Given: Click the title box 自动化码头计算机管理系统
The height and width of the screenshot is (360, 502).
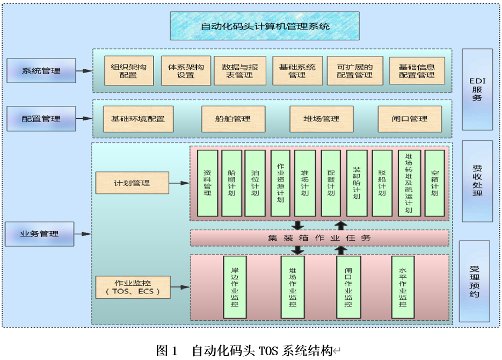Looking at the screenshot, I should [x=265, y=26].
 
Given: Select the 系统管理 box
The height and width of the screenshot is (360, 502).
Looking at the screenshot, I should [x=41, y=70].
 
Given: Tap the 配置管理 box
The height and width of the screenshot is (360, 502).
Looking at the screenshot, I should [x=41, y=119].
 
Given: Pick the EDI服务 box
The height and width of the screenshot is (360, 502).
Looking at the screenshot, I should [x=477, y=89].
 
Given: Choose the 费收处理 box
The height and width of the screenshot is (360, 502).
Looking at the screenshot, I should [x=477, y=180].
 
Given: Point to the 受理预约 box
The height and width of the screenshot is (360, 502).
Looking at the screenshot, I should [x=474, y=281].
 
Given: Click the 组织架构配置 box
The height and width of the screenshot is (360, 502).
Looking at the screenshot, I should [x=128, y=71].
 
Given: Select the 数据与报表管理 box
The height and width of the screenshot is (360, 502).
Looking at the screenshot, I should [x=239, y=71].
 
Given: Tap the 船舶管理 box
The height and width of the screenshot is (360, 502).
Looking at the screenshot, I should [x=234, y=119].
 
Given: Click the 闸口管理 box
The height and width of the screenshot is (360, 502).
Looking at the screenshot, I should [x=410, y=119].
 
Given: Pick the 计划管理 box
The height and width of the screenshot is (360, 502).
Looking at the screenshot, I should [x=132, y=183].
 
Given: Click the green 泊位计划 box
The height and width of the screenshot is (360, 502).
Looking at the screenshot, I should [x=255, y=183].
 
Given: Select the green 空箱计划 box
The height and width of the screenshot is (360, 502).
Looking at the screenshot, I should [x=434, y=183].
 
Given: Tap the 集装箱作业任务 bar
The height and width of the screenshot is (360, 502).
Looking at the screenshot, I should [x=319, y=237].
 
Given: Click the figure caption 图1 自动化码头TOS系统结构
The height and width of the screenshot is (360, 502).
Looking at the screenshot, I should [x=244, y=351].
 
